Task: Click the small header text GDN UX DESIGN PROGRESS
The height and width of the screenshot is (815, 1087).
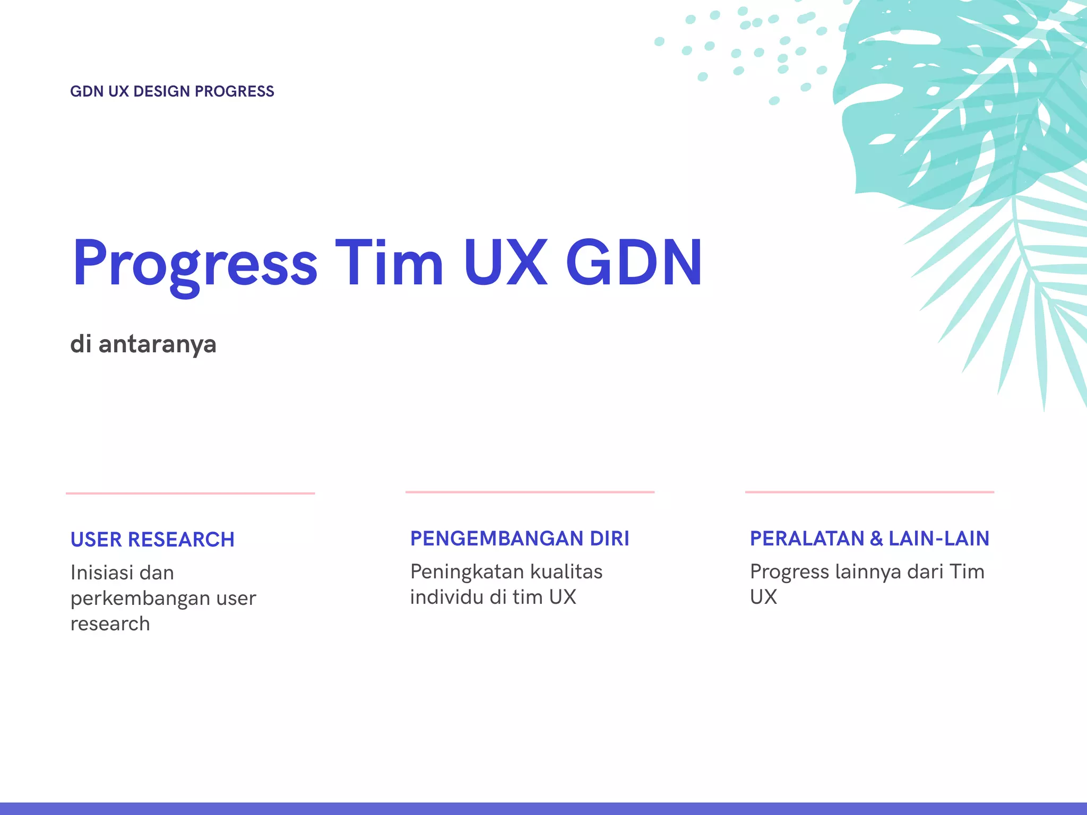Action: pyautogui.click(x=172, y=91)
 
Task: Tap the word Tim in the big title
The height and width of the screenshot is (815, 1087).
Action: pyautogui.click(x=389, y=263)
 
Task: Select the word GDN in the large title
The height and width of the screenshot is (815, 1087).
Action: pyautogui.click(x=634, y=263)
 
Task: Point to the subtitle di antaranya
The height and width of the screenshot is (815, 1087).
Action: pyautogui.click(x=143, y=344)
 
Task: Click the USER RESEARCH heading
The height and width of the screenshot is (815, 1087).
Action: pyautogui.click(x=152, y=540)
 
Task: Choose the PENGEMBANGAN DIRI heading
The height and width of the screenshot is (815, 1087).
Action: pyautogui.click(x=520, y=539)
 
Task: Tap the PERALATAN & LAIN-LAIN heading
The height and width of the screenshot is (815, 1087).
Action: pyautogui.click(x=869, y=539)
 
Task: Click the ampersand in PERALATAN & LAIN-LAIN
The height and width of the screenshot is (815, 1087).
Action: pyautogui.click(x=876, y=539)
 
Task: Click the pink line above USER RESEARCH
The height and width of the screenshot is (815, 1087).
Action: pyautogui.click(x=190, y=493)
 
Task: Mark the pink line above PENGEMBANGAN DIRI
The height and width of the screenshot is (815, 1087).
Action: pyautogui.click(x=530, y=492)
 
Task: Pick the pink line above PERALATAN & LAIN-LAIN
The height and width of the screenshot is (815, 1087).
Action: pyautogui.click(x=869, y=492)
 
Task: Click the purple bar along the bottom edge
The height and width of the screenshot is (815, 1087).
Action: pyautogui.click(x=543, y=809)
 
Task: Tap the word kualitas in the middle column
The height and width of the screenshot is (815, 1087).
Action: pyautogui.click(x=566, y=572)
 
